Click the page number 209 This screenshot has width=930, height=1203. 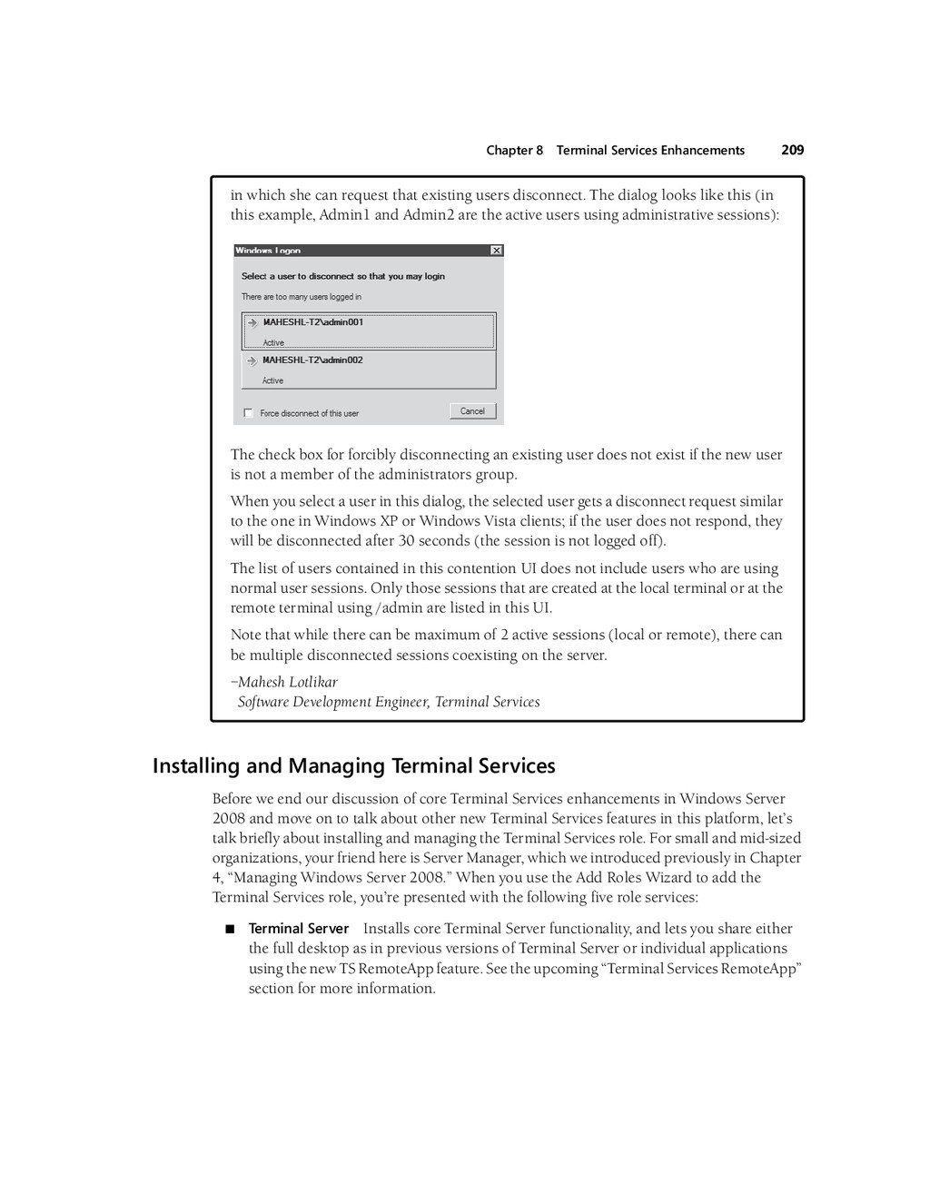(792, 150)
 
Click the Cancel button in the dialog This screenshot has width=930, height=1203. (472, 411)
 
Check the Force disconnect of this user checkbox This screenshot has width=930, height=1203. (248, 413)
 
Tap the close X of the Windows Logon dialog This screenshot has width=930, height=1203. (496, 251)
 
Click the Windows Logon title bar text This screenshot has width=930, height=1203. (268, 251)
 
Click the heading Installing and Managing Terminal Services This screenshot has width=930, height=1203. (353, 766)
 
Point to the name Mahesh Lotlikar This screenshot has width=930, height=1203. (287, 682)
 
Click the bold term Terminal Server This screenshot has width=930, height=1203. (298, 928)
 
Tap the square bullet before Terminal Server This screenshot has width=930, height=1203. (230, 929)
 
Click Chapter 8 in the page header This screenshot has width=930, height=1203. (514, 151)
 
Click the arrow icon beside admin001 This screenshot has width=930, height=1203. (252, 323)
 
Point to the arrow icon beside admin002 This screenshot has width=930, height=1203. (252, 361)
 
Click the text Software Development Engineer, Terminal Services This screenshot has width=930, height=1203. (388, 702)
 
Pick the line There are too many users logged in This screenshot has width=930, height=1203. (301, 297)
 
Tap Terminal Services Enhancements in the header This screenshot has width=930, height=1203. (650, 151)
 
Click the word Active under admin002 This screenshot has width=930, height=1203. (272, 381)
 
